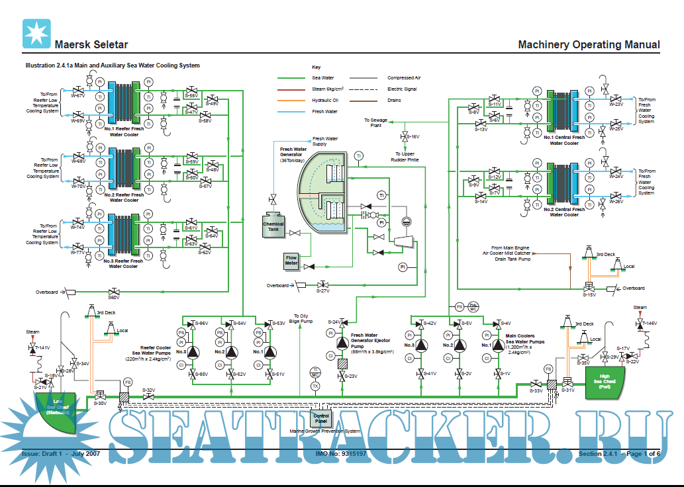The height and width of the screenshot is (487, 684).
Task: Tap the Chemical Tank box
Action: pos(273,225)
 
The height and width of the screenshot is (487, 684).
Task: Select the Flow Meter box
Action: pos(291,261)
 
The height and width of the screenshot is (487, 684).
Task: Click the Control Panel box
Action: pos(321,418)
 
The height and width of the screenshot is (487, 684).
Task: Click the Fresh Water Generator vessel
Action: pos(322,195)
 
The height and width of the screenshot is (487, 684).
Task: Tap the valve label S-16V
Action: pos(412,137)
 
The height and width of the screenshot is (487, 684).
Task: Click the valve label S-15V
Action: pos(589,295)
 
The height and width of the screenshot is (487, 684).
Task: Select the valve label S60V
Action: pos(114,298)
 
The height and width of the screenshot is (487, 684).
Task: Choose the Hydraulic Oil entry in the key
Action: pos(325,101)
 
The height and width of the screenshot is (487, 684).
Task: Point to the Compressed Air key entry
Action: pos(404,78)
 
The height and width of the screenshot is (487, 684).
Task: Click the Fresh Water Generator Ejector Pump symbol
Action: pos(342,343)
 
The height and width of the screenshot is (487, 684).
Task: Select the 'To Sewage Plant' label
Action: pos(375,122)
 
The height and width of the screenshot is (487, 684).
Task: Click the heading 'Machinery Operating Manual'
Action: pos(589,45)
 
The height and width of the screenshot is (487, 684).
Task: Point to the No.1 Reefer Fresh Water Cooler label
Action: pos(124,131)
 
